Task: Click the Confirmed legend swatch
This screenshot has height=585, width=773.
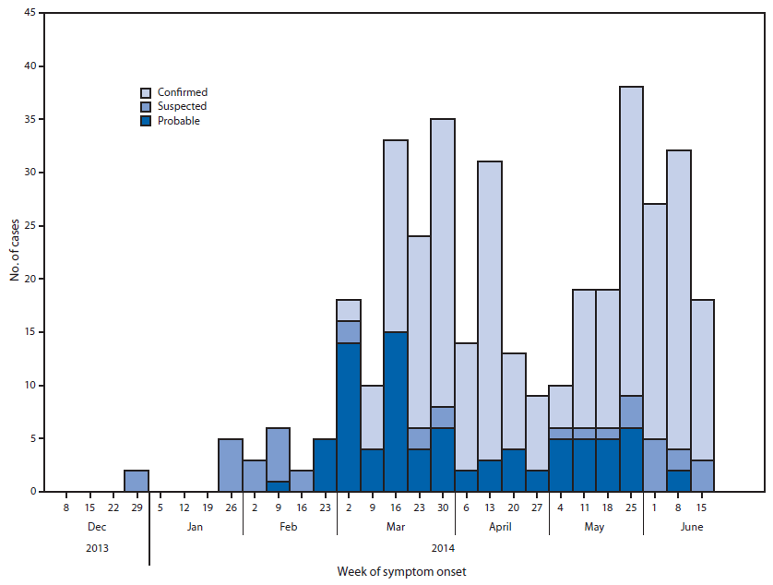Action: (x=146, y=92)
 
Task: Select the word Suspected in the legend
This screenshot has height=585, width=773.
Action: (x=182, y=106)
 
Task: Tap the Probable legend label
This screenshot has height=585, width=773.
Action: (x=178, y=121)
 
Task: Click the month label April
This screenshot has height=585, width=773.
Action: (x=502, y=528)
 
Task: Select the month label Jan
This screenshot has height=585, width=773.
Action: (x=196, y=528)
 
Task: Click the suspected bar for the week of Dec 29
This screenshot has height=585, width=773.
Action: (x=137, y=481)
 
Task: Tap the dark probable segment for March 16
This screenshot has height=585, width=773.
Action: (x=396, y=412)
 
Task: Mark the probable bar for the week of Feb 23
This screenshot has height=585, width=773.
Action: (x=325, y=465)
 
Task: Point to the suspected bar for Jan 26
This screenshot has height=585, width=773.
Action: (x=231, y=465)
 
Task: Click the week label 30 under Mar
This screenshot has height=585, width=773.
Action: (x=442, y=506)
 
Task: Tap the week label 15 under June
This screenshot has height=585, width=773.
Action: (x=701, y=506)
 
